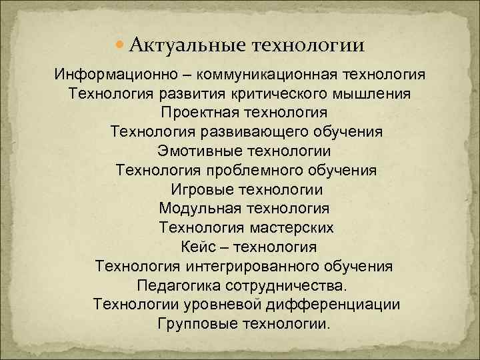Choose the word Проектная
click(x=199, y=111)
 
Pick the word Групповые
click(x=192, y=325)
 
